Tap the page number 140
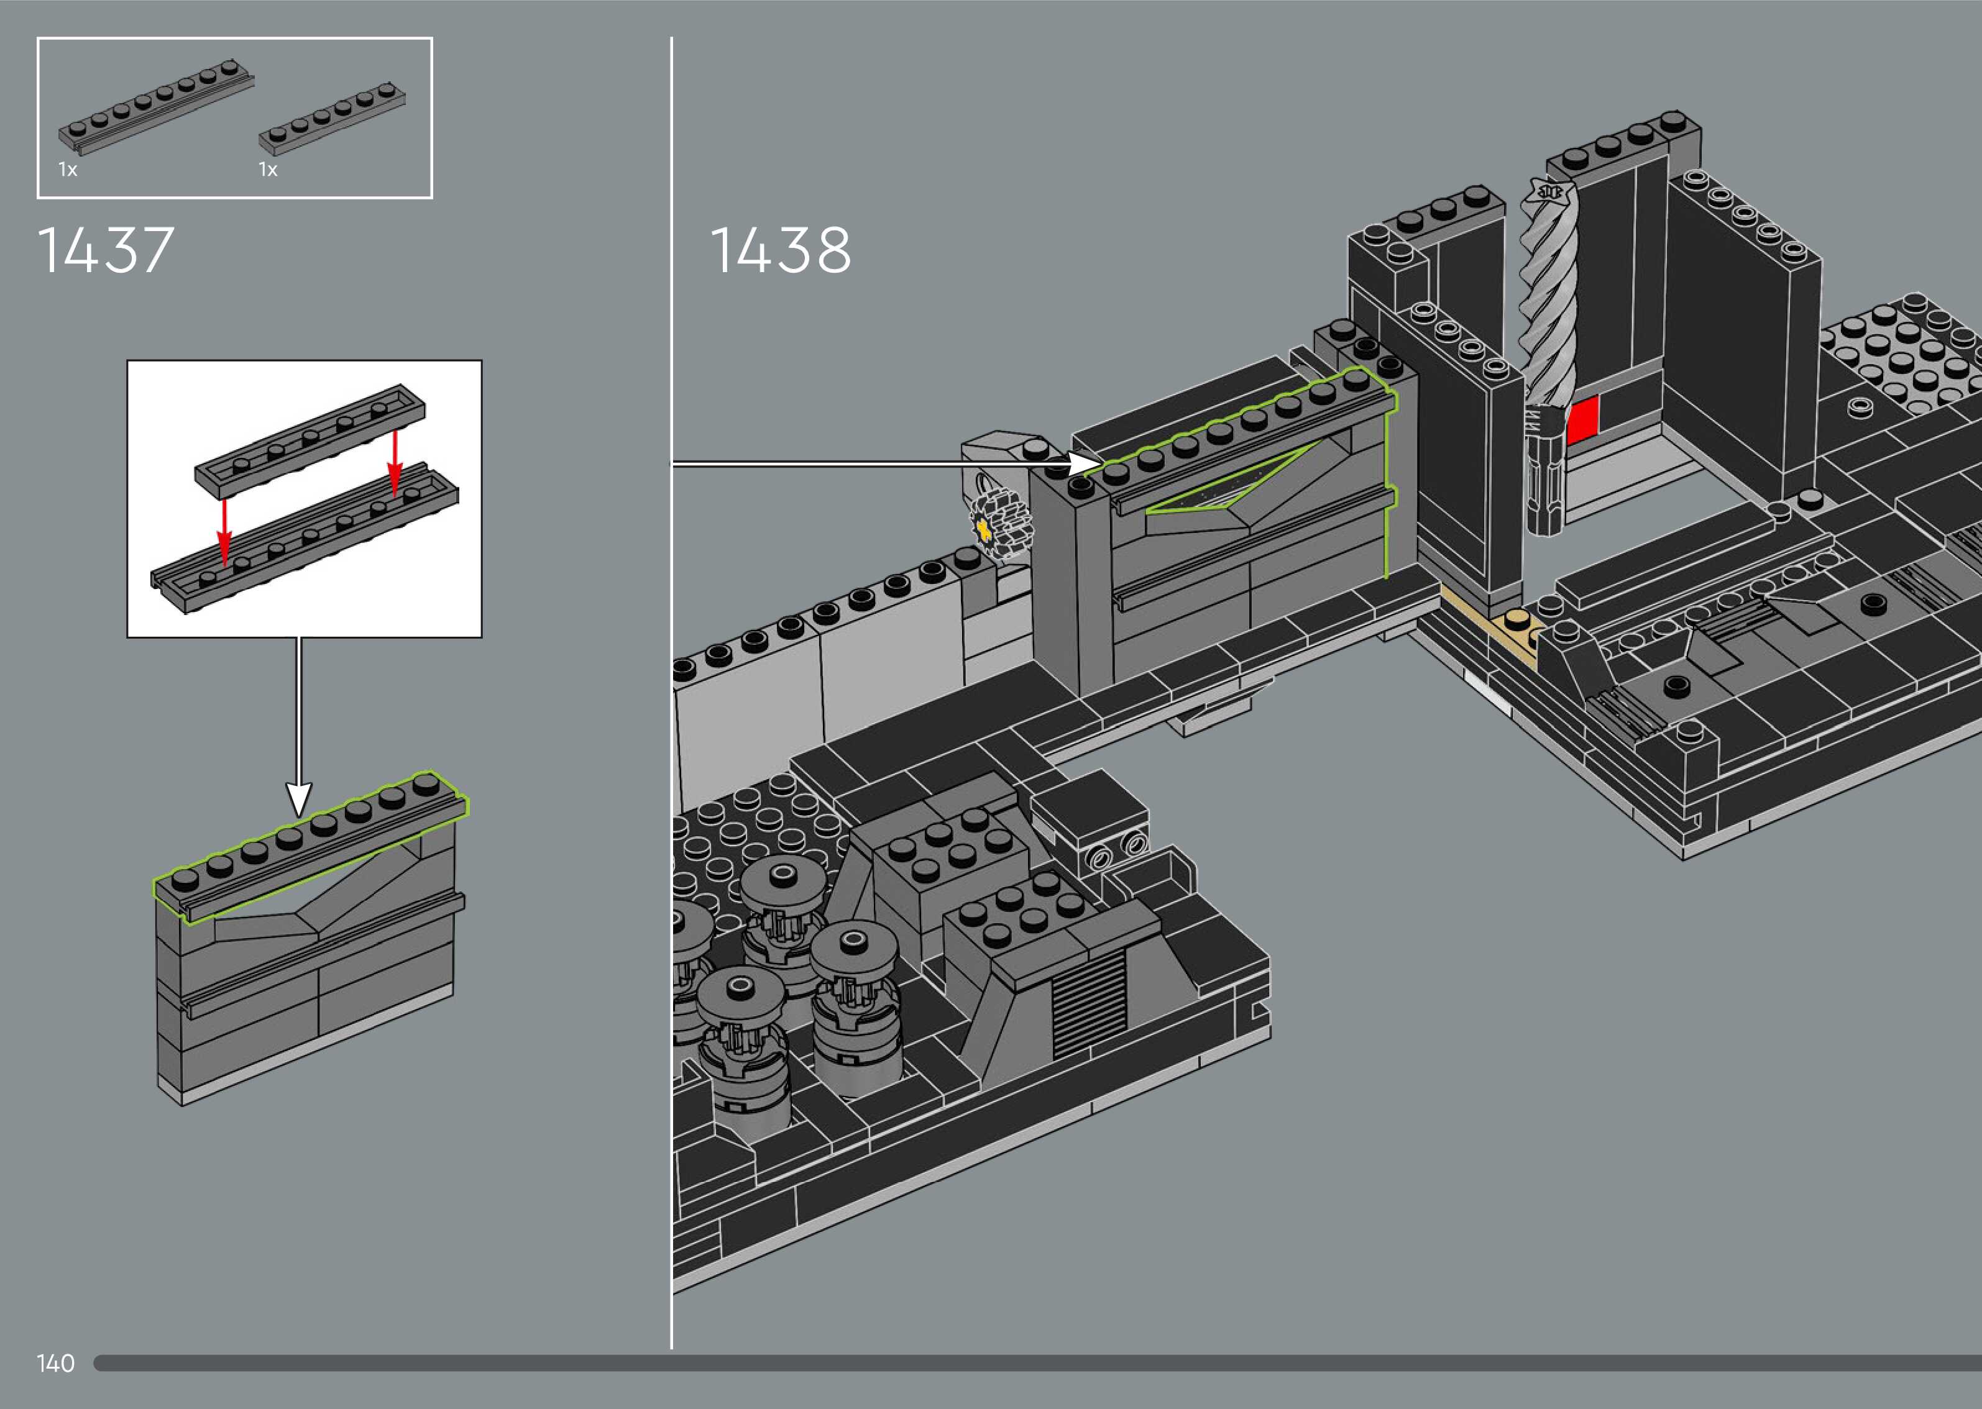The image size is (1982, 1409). [55, 1363]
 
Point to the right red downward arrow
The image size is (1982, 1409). [395, 464]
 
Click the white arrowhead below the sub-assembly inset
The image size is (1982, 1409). [298, 797]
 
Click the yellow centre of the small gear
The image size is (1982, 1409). [984, 527]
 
